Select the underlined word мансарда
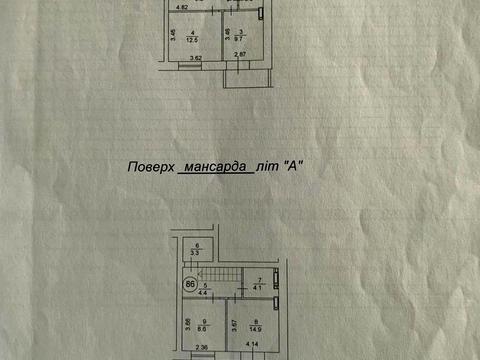[211, 169]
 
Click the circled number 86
[189, 283]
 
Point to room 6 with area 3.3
[197, 249]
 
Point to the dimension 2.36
[203, 349]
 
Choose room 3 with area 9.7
[240, 37]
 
